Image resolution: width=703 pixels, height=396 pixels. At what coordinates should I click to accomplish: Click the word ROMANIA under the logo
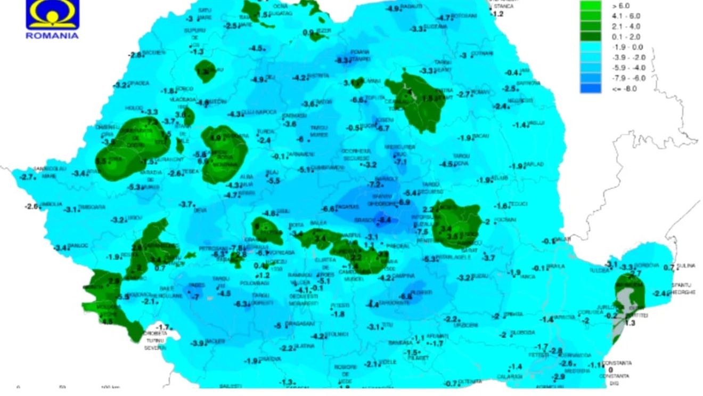52,36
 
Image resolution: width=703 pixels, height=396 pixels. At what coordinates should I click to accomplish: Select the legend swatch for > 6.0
590,6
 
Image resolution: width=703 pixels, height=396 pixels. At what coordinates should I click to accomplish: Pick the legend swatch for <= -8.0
590,89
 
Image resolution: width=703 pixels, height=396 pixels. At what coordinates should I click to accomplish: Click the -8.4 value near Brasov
385,220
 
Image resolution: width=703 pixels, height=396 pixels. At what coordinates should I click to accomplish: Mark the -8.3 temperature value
343,60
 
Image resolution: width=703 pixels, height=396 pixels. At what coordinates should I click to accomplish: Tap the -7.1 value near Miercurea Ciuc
401,161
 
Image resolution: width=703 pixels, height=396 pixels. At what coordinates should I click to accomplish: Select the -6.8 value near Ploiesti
406,296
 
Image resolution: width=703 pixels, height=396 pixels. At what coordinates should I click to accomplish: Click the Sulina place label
686,265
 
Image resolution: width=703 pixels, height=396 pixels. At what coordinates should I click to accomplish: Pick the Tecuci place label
518,204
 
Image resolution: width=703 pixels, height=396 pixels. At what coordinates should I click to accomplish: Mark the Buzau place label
480,277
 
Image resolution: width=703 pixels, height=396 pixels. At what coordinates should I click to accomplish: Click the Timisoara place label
92,207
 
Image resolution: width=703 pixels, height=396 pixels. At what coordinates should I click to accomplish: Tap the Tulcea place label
599,270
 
